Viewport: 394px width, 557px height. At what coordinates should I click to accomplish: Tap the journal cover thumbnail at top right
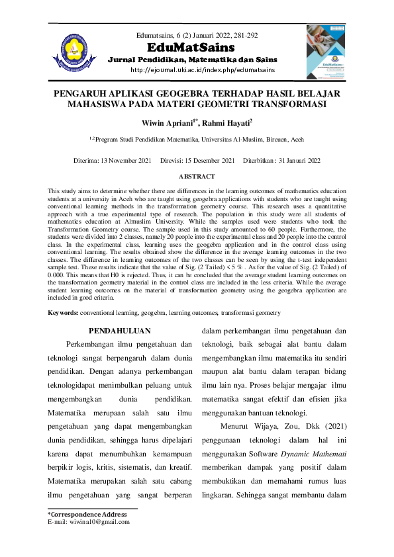[326, 52]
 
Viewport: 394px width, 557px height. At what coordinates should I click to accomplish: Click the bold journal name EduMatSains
[191, 48]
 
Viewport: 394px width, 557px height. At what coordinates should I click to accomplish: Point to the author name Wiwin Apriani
[177, 123]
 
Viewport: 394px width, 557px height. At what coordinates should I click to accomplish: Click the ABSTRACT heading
[197, 177]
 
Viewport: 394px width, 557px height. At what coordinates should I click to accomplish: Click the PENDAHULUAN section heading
[120, 331]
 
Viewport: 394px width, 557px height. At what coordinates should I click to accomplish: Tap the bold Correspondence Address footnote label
[87, 514]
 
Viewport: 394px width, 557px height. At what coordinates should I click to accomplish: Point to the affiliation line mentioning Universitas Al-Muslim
[197, 140]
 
